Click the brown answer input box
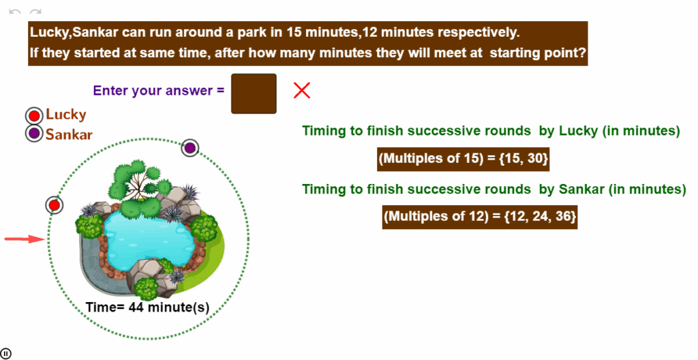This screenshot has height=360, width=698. tap(254, 93)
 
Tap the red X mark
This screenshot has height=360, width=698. tap(302, 91)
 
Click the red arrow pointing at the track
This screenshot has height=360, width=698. tap(25, 239)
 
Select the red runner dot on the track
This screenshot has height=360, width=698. tap(55, 205)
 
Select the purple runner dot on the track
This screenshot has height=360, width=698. tap(190, 147)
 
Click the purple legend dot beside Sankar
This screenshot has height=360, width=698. tap(34, 133)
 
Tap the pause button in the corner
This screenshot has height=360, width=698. tap(5, 354)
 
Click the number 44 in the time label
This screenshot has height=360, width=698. tap(136, 307)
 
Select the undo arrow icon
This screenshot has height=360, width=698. tap(15, 12)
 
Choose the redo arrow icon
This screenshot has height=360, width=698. tap(35, 12)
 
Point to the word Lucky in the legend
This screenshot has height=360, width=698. tap(66, 115)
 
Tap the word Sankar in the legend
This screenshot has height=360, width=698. tap(69, 134)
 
